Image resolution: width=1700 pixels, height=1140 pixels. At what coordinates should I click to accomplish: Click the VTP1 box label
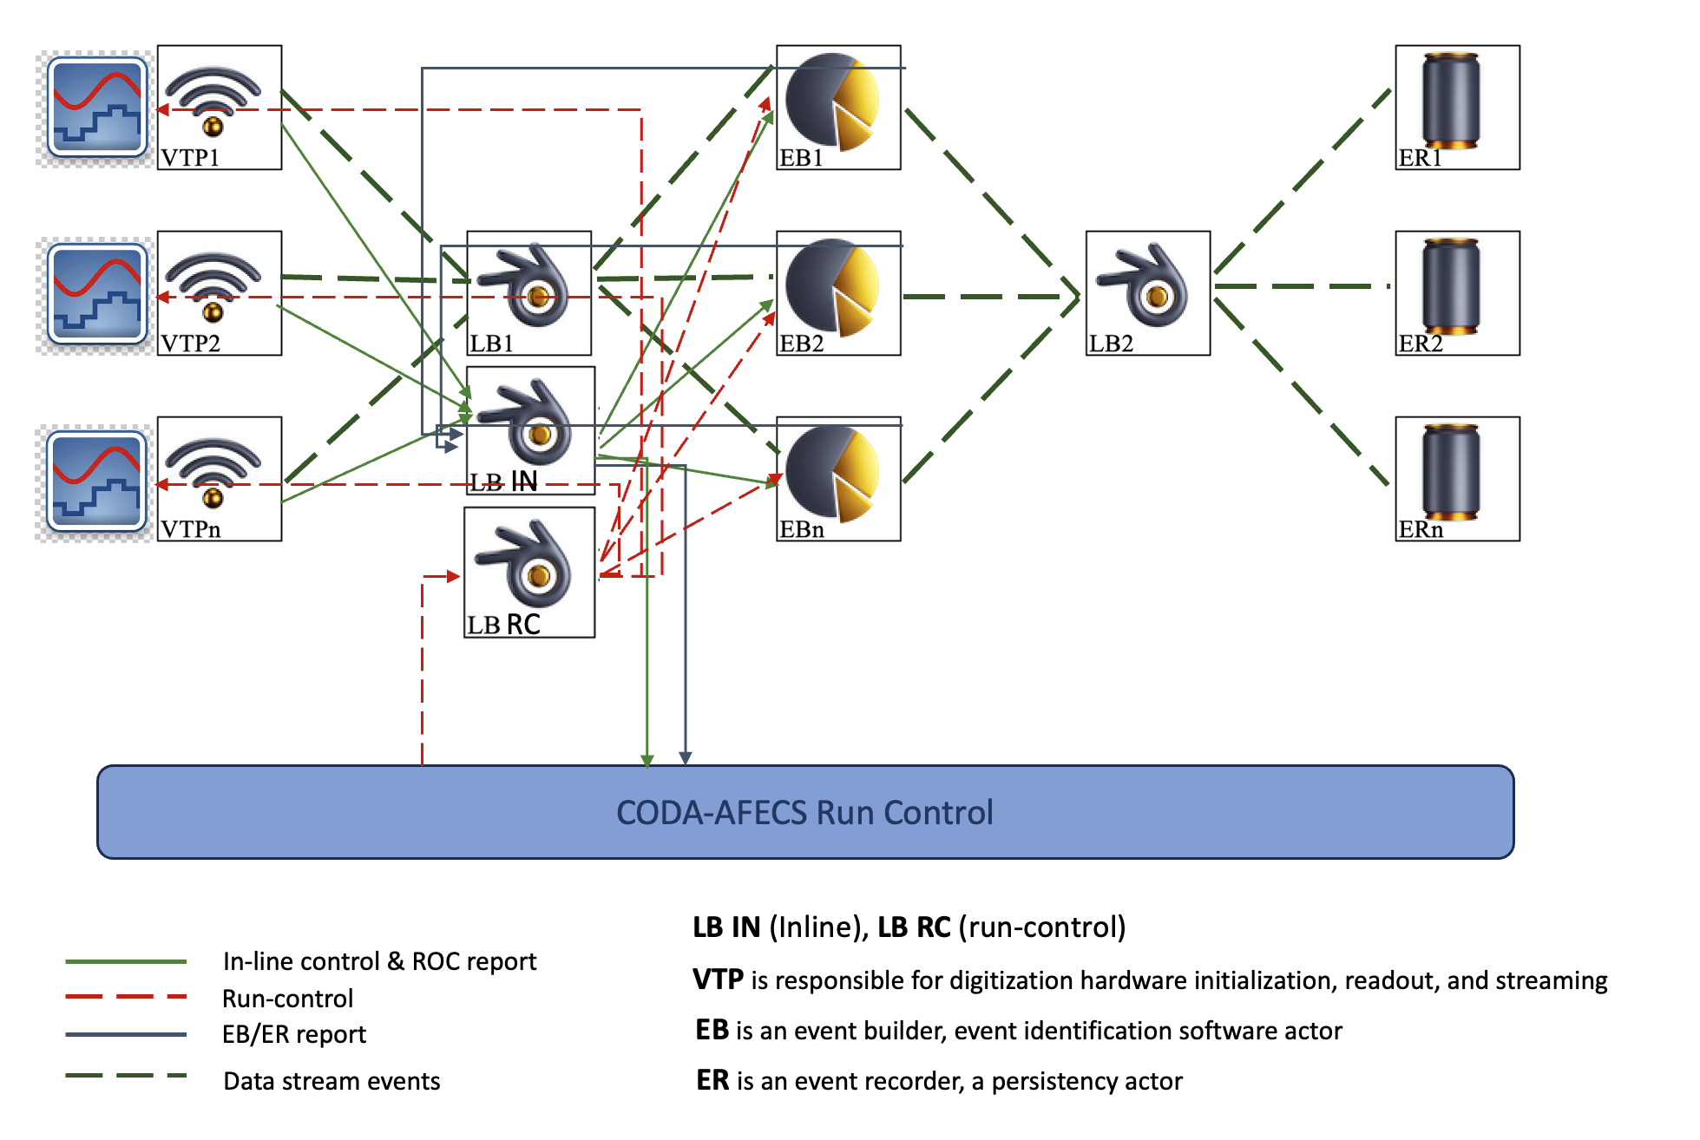190,158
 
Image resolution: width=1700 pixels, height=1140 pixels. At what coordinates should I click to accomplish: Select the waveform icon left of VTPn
96,481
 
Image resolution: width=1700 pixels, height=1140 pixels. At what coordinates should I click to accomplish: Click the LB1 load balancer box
528,292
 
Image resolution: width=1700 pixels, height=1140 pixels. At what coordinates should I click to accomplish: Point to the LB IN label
504,482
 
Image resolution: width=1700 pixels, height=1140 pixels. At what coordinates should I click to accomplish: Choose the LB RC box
529,572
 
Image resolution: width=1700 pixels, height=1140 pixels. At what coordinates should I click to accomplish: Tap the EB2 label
801,344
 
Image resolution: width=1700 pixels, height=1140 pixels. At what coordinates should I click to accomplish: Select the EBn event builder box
838,479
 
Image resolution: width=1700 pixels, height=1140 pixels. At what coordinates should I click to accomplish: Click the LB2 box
1147,292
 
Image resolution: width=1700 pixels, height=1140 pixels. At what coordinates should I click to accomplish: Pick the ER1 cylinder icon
1451,99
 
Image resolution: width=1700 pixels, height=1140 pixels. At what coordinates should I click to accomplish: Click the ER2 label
1420,344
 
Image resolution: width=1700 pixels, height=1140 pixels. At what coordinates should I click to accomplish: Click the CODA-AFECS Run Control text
804,812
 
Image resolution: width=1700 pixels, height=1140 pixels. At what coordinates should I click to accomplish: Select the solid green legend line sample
126,961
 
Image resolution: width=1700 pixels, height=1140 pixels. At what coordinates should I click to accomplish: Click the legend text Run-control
287,999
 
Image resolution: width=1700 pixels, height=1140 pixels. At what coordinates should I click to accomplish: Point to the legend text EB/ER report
294,1034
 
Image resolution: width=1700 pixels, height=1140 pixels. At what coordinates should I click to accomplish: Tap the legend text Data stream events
331,1081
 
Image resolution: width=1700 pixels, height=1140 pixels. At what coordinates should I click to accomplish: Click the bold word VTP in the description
718,979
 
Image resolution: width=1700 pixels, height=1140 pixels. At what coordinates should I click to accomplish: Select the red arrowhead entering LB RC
452,576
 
